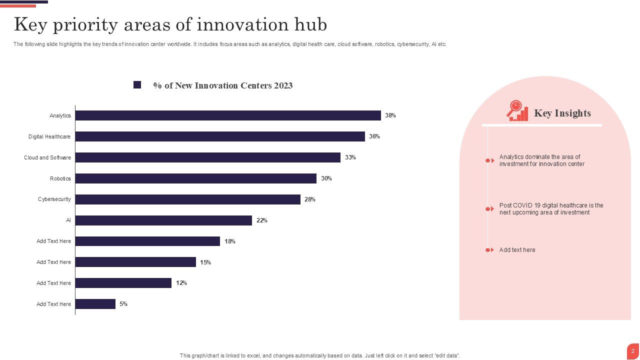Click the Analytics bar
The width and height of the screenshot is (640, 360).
pos(228,115)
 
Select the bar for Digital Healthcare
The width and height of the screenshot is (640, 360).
pos(220,136)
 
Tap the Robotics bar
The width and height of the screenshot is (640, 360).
pos(196,178)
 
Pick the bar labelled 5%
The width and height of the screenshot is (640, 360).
pos(95,304)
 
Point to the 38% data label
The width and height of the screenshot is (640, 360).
pos(390,115)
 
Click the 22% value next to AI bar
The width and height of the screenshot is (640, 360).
pos(262,220)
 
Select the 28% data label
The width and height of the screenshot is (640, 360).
pos(310,199)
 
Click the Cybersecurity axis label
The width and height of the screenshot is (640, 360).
pos(54,199)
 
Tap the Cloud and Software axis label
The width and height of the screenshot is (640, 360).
pos(47,157)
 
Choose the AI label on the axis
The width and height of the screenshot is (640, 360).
pos(68,220)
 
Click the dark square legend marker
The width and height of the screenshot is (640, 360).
pos(137,85)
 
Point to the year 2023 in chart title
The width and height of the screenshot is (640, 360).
pos(283,85)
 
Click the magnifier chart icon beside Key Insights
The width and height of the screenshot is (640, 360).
pos(517,111)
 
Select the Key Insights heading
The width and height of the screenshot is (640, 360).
pos(562,113)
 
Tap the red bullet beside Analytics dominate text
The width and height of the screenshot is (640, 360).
pos(489,160)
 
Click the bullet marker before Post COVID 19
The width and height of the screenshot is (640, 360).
pos(489,209)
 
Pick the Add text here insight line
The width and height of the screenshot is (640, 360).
pos(517,250)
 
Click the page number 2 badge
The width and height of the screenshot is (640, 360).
pos(632,351)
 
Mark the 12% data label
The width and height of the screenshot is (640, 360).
pos(181,283)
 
